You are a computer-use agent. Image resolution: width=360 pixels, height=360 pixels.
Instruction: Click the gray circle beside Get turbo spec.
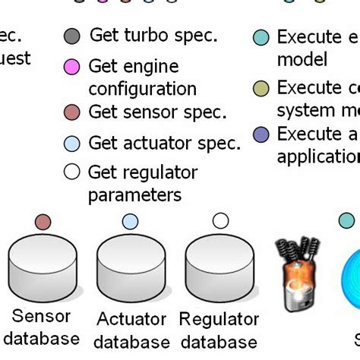pyautogui.click(x=72, y=36)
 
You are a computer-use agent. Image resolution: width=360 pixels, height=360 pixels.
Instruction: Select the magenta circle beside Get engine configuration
pyautogui.click(x=72, y=67)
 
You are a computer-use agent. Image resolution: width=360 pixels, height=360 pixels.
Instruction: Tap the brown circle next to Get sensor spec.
pyautogui.click(x=72, y=112)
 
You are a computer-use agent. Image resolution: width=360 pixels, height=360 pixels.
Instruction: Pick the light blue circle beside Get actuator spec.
pyautogui.click(x=72, y=143)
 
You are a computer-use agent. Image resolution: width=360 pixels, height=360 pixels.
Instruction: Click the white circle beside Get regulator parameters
pyautogui.click(x=72, y=172)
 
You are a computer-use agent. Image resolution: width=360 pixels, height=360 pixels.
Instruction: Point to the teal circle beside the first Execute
pyautogui.click(x=261, y=36)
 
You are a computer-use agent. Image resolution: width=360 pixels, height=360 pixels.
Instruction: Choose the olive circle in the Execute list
pyautogui.click(x=261, y=88)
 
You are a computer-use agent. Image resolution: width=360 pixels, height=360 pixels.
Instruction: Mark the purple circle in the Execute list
pyautogui.click(x=261, y=134)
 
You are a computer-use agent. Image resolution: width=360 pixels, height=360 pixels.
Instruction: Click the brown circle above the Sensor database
pyautogui.click(x=43, y=222)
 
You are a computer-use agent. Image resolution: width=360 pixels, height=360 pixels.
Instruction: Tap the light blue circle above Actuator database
pyautogui.click(x=130, y=222)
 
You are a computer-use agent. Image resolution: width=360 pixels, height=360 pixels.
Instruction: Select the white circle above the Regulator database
pyautogui.click(x=220, y=221)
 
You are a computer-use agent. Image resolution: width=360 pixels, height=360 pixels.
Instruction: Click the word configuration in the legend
pyautogui.click(x=142, y=89)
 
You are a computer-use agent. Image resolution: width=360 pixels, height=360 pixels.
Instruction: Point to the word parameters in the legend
pyautogui.click(x=135, y=195)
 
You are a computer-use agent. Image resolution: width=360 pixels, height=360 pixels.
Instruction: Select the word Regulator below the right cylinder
pyautogui.click(x=219, y=319)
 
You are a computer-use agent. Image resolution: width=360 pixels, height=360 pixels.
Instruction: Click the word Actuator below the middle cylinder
pyautogui.click(x=131, y=319)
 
